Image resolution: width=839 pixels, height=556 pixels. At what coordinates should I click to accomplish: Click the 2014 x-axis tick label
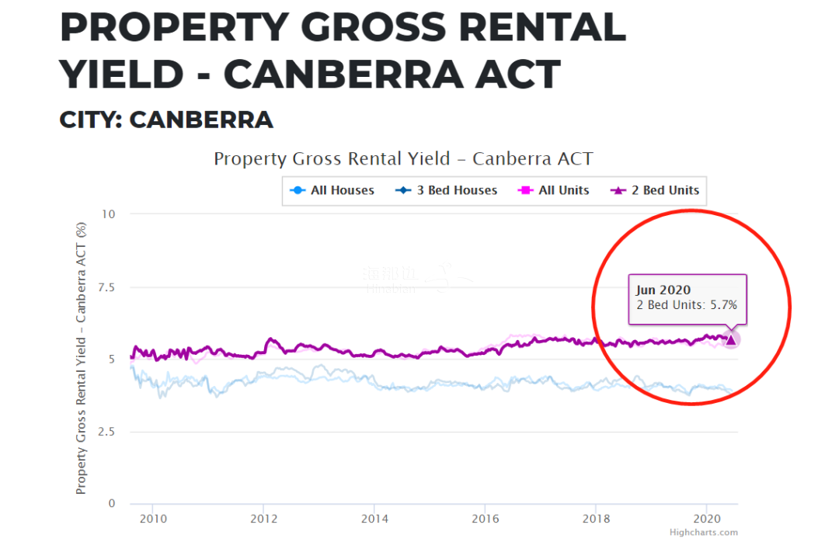click(374, 518)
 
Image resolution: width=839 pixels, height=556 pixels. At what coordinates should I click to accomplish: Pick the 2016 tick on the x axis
click(486, 518)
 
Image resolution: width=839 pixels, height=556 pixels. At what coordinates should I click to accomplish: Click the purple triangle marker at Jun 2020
click(730, 339)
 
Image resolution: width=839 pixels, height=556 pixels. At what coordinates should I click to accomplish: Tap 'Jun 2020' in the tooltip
click(663, 290)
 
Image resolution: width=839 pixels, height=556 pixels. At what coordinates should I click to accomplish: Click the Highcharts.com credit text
click(703, 533)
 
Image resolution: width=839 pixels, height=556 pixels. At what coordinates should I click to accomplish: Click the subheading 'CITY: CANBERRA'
click(166, 120)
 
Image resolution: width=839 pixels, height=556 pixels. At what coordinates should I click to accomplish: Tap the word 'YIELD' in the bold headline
click(124, 74)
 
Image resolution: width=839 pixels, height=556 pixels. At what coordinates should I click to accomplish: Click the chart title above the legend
click(403, 159)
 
